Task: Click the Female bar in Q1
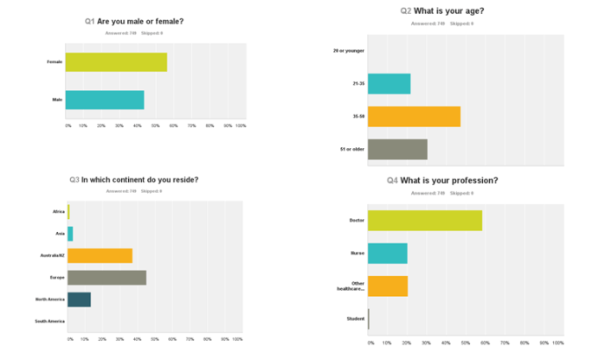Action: [x=115, y=62]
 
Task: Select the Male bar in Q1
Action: [x=104, y=100]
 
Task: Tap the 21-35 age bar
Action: [x=389, y=84]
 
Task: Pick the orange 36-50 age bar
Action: [x=414, y=117]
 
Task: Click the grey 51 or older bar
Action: [x=397, y=150]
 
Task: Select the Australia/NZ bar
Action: [x=100, y=255]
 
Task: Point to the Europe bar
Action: [x=106, y=277]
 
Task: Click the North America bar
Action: [x=79, y=299]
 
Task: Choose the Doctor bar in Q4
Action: [x=424, y=220]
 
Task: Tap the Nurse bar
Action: [x=387, y=254]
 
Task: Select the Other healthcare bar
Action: [x=387, y=286]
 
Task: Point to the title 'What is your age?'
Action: [x=447, y=10]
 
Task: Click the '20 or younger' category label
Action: [x=349, y=51]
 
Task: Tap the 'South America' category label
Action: [x=51, y=321]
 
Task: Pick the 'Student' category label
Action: [x=355, y=318]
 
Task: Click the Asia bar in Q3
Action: [x=70, y=234]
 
